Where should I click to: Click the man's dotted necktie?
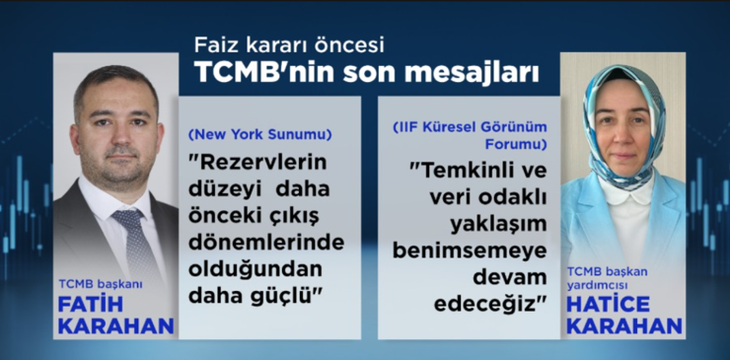134,241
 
